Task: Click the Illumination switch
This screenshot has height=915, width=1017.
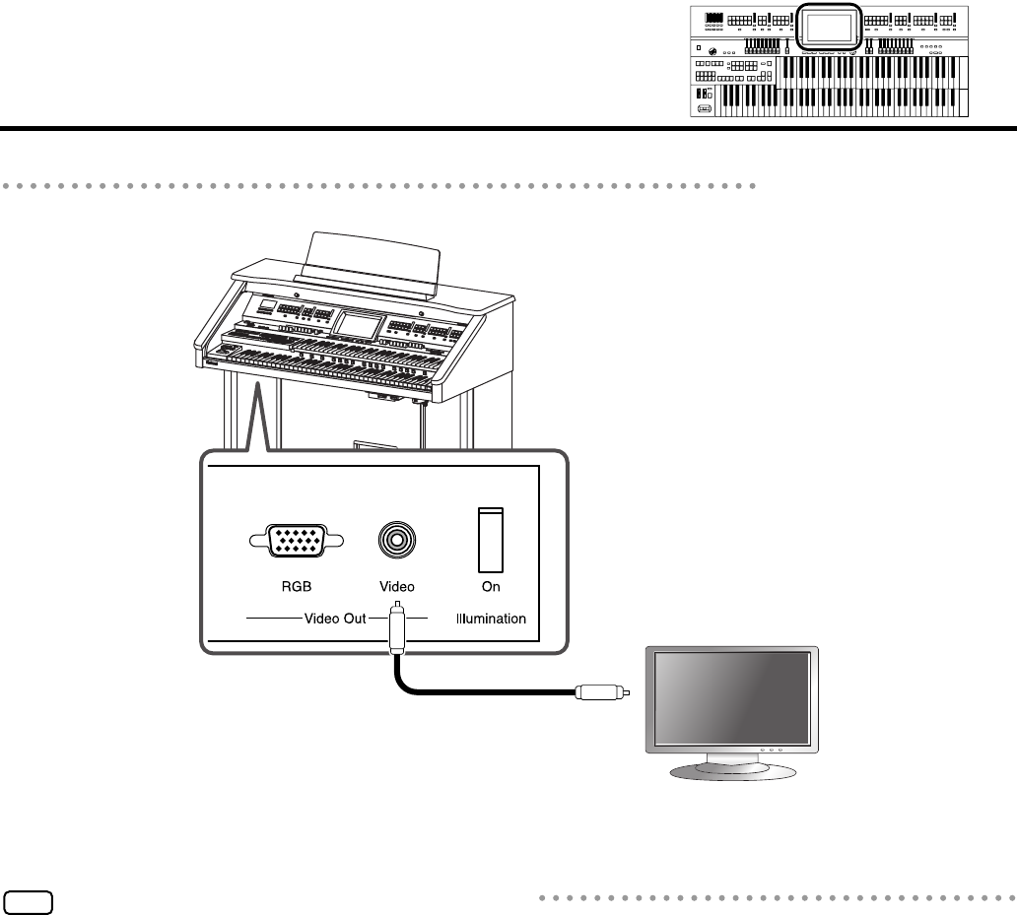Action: click(491, 540)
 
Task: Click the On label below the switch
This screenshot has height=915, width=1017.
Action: click(491, 587)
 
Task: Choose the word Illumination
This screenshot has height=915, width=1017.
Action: click(492, 620)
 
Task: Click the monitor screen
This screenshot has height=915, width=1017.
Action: click(730, 698)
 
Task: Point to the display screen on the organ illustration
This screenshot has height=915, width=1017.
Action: click(358, 323)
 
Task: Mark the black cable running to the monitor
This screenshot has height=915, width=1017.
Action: click(473, 692)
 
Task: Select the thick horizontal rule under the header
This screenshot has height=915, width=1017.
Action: click(508, 127)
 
